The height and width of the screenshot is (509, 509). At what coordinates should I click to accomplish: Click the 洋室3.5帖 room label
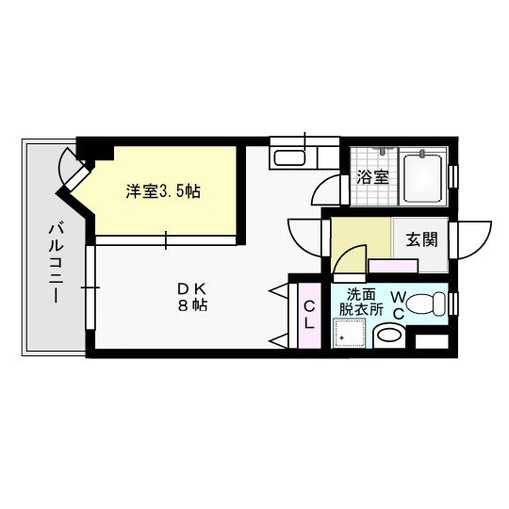tap(164, 191)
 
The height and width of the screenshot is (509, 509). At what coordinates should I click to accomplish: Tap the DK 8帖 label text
tap(195, 297)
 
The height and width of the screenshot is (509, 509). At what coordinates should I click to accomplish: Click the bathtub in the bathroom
tap(423, 177)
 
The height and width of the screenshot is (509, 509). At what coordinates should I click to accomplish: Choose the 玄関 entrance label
tap(421, 239)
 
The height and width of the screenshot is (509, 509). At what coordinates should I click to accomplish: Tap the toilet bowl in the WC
tap(429, 305)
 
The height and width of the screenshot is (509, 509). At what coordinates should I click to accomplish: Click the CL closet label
tap(308, 312)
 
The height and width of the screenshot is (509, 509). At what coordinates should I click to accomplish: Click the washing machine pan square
tap(350, 333)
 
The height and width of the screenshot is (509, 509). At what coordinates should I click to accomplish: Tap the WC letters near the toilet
tap(398, 304)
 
